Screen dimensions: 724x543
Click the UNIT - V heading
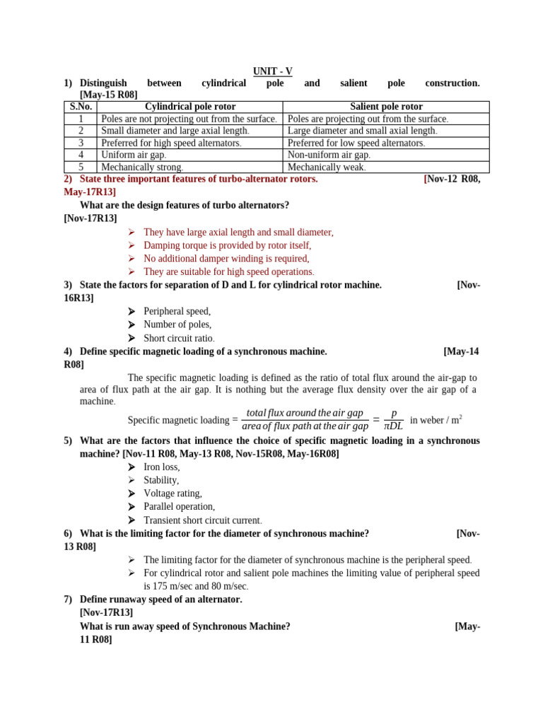click(x=272, y=71)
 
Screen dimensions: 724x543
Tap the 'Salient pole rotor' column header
click(x=386, y=107)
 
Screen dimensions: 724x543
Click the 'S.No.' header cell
click(x=81, y=107)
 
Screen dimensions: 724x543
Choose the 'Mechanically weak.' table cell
click(x=327, y=168)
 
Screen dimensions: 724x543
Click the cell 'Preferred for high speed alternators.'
click(x=171, y=143)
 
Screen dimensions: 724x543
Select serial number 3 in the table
click(x=81, y=143)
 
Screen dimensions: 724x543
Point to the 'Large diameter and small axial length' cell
click(x=363, y=131)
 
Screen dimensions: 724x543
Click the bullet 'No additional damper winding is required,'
click(x=226, y=259)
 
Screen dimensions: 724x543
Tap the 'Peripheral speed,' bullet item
click(x=177, y=311)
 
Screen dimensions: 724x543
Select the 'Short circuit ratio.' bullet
click(x=179, y=338)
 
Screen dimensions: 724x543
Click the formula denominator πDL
click(x=393, y=426)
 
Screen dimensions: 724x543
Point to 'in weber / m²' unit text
click(x=436, y=420)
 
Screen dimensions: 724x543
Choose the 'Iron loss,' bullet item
click(x=162, y=467)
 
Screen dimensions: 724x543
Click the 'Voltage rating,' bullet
click(x=173, y=494)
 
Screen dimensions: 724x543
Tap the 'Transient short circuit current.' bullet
click(x=202, y=520)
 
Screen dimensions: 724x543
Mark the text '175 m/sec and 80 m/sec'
click(x=196, y=586)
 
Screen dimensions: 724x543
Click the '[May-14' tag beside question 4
click(x=461, y=351)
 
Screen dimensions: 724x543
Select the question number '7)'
click(x=69, y=600)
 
